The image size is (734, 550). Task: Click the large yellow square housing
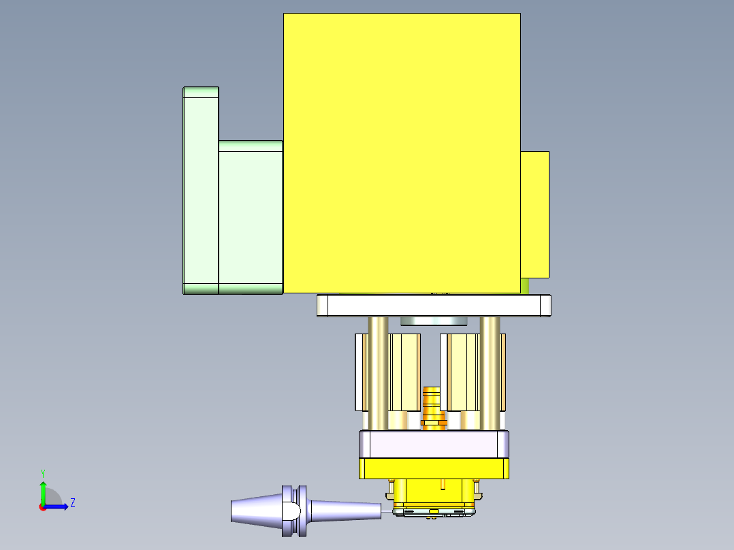coord(402,153)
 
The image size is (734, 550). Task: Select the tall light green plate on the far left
coord(200,191)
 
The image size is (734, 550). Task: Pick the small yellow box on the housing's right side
coord(535,214)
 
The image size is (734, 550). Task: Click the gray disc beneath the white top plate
coord(433,321)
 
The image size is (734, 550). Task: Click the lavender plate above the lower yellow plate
coord(434,445)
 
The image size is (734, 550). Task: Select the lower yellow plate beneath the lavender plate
coord(434,468)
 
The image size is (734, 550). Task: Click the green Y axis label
coord(42,472)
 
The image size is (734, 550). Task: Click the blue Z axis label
coord(72,503)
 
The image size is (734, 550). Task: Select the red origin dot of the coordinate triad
coord(42,507)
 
